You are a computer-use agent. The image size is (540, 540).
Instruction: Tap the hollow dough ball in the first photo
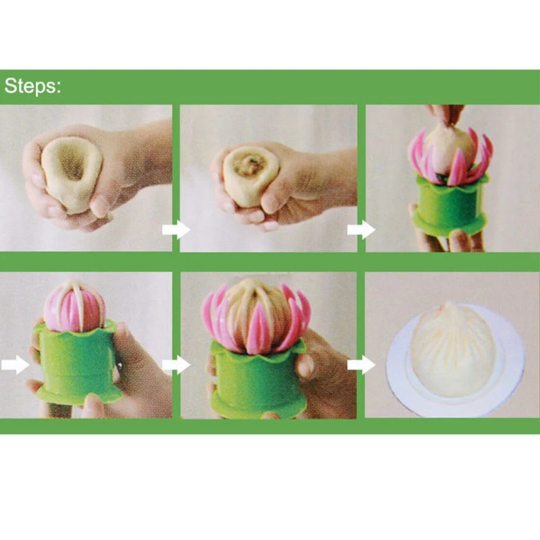pos(72,173)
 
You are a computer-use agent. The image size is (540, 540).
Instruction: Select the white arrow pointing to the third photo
pos(360,230)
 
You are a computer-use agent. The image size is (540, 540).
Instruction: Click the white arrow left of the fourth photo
pos(15,365)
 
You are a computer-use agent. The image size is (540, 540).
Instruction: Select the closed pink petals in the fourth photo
pos(74,306)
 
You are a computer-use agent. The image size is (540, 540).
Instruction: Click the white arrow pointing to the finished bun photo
pos(360,365)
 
